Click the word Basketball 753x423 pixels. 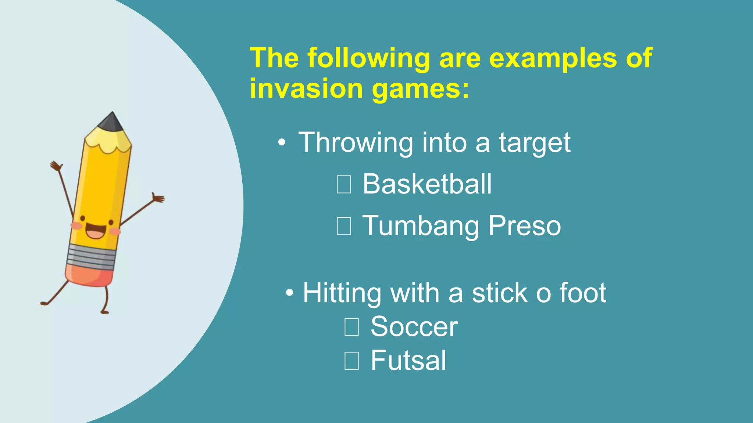click(427, 184)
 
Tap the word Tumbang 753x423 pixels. click(421, 226)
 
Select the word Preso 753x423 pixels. click(525, 225)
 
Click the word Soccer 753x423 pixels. click(414, 326)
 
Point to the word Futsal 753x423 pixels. click(408, 360)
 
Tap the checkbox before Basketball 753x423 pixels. click(344, 184)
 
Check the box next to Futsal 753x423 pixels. click(351, 361)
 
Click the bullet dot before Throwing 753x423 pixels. click(282, 144)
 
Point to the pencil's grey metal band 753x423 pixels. click(92, 256)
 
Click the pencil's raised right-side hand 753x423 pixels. click(158, 198)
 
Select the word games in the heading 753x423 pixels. click(421, 88)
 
